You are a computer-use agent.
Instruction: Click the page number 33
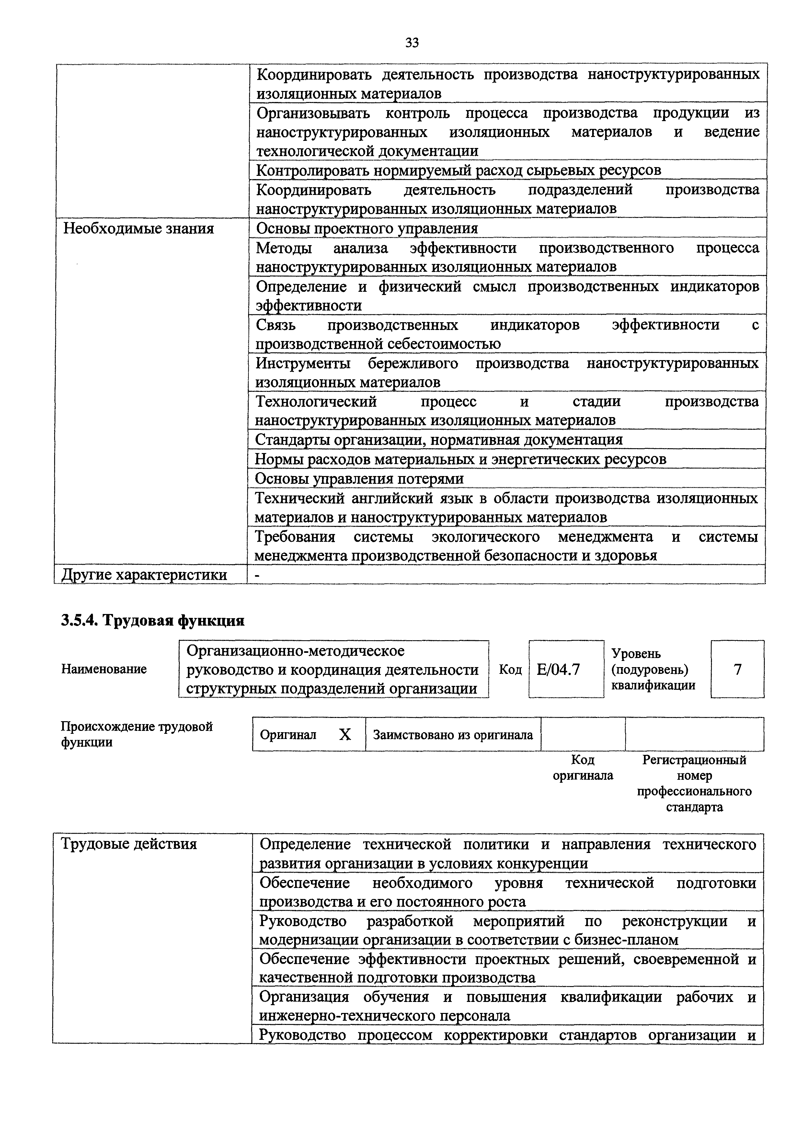pyautogui.click(x=412, y=43)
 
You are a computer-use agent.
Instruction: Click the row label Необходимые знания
pyautogui.click(x=139, y=229)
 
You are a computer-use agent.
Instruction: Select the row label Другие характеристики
pyautogui.click(x=144, y=574)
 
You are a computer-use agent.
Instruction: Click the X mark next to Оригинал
pyautogui.click(x=345, y=735)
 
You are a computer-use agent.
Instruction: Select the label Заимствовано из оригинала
pyautogui.click(x=453, y=735)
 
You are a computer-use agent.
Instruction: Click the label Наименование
pyautogui.click(x=104, y=669)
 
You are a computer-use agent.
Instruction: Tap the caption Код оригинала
pyautogui.click(x=583, y=767)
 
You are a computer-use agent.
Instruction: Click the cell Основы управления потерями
pyautogui.click(x=359, y=478)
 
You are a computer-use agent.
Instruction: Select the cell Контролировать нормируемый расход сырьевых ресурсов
pyautogui.click(x=458, y=170)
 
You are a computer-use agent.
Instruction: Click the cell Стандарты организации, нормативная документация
pyautogui.click(x=438, y=440)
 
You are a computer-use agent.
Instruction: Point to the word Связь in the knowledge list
pyautogui.click(x=276, y=325)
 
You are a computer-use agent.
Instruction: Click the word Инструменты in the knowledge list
pyautogui.click(x=303, y=364)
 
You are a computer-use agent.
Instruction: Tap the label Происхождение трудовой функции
pyautogui.click(x=137, y=734)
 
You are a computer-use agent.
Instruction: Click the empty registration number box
pyautogui.click(x=694, y=735)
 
